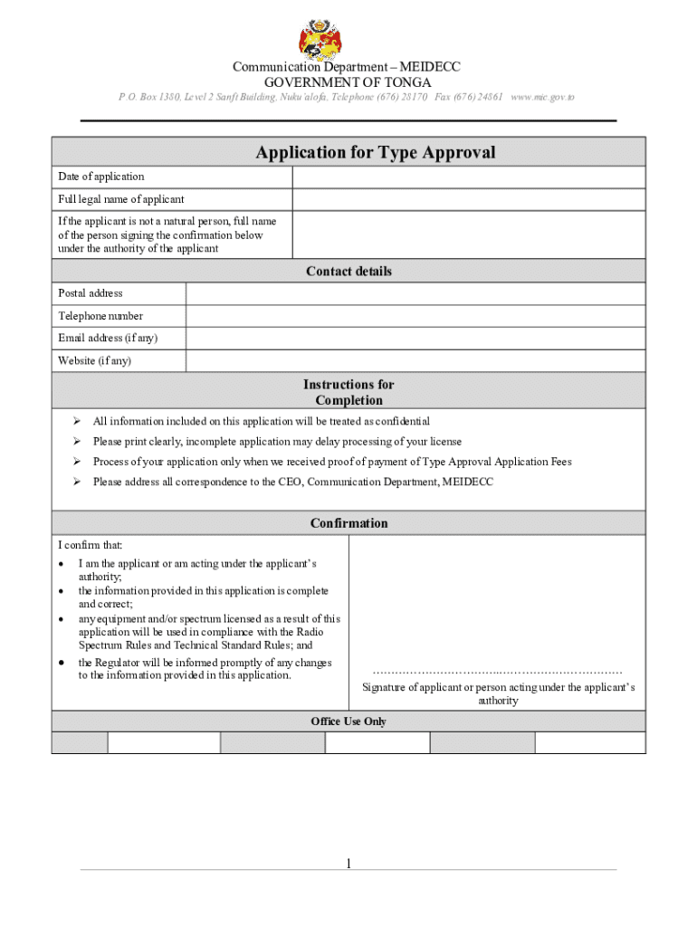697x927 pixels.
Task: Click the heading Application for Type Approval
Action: (375, 152)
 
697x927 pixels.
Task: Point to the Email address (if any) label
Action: (108, 339)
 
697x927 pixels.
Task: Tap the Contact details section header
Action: (348, 272)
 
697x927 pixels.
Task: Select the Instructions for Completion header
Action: (348, 392)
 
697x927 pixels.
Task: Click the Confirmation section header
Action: (348, 523)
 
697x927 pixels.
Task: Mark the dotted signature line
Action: (497, 672)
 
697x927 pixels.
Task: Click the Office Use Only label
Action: (348, 722)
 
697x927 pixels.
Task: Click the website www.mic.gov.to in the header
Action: (542, 97)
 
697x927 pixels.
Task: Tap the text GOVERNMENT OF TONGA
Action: (348, 82)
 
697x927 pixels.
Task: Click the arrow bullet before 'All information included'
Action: (78, 421)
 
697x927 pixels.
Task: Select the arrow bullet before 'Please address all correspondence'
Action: (78, 482)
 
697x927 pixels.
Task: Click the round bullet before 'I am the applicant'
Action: (60, 564)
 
